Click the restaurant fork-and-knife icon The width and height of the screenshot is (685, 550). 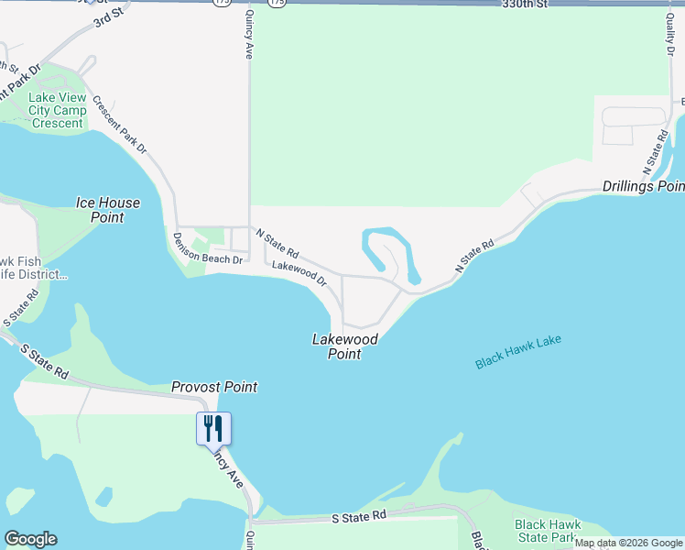[212, 428]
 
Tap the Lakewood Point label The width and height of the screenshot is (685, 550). [344, 346]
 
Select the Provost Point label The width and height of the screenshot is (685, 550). [214, 387]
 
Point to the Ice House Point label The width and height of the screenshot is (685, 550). [107, 210]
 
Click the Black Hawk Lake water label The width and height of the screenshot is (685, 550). [517, 352]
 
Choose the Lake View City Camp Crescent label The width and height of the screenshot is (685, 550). [57, 111]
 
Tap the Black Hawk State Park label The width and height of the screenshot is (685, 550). [546, 530]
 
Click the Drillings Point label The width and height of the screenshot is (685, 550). [644, 187]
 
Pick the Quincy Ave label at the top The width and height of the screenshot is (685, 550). [247, 35]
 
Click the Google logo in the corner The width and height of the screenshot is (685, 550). [30, 539]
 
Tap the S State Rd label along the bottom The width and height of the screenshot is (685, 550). [359, 518]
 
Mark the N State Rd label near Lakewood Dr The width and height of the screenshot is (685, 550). [277, 243]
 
